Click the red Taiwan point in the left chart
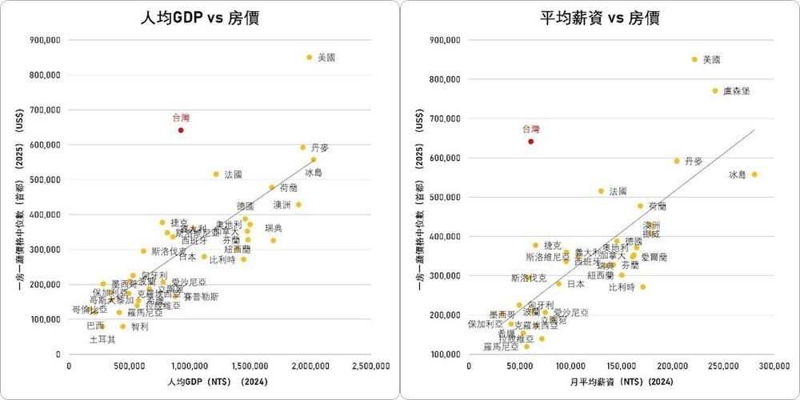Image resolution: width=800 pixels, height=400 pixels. click(x=181, y=130)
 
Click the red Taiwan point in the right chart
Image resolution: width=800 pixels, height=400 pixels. click(x=530, y=141)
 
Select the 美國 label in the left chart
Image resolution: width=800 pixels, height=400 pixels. click(x=326, y=58)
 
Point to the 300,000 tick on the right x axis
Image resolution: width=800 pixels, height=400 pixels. click(x=774, y=366)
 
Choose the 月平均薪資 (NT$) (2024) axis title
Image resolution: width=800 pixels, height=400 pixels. click(x=622, y=384)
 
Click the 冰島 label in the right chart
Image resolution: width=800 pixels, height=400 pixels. click(x=737, y=174)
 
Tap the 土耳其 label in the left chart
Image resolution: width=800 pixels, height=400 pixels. click(x=102, y=339)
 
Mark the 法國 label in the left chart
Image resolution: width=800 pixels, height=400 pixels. click(x=233, y=174)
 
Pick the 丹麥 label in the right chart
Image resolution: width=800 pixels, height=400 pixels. click(x=694, y=161)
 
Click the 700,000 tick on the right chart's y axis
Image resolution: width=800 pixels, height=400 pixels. click(x=443, y=118)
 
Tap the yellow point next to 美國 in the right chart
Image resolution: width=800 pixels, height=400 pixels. click(x=694, y=59)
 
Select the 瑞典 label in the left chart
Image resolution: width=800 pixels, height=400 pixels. click(x=274, y=229)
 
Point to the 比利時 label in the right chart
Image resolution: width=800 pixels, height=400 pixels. click(x=622, y=286)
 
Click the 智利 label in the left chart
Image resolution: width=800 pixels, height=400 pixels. click(x=139, y=326)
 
